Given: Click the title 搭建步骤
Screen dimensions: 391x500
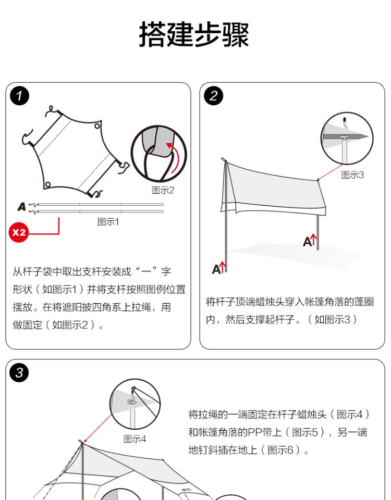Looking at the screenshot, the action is pyautogui.click(x=194, y=35).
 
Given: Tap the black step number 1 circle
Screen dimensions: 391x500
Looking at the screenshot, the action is pyautogui.click(x=20, y=96).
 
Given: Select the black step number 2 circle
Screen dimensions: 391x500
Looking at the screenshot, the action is pyautogui.click(x=214, y=96).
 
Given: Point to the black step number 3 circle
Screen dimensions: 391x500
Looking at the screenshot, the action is pyautogui.click(x=20, y=373).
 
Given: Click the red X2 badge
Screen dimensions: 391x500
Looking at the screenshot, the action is pyautogui.click(x=19, y=232).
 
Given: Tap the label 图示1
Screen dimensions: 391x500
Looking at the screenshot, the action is pyautogui.click(x=108, y=222).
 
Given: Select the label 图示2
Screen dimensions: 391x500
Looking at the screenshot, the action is pyautogui.click(x=163, y=191).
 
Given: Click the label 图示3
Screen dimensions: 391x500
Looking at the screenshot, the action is pyautogui.click(x=352, y=175).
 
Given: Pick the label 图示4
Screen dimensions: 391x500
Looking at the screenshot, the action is pyautogui.click(x=135, y=439).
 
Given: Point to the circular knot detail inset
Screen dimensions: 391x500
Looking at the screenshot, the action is pyautogui.click(x=158, y=153).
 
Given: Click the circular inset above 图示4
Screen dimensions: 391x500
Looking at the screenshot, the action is pyautogui.click(x=135, y=404).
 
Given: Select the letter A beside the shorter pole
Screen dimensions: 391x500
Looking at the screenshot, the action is pyautogui.click(x=308, y=242).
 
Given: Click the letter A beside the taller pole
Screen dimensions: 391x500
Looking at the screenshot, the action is pyautogui.click(x=216, y=269).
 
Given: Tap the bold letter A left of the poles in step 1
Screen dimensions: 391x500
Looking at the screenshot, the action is pyautogui.click(x=21, y=207).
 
